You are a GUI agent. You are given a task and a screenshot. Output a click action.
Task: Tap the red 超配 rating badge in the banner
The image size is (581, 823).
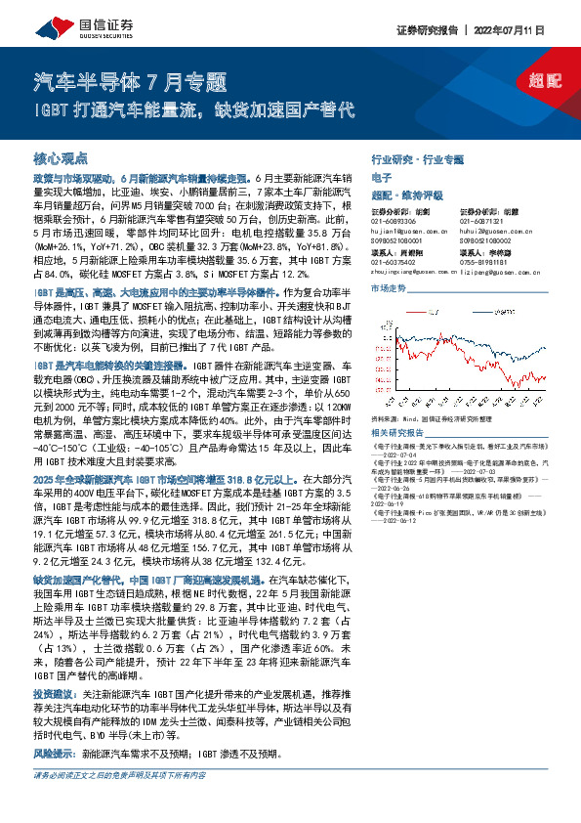pos(534,82)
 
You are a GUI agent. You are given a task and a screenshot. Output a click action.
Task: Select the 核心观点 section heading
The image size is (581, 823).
pos(61,157)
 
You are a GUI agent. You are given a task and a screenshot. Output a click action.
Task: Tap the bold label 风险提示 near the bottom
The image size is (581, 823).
pos(55,755)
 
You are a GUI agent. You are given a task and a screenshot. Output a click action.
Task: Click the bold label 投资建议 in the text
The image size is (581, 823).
pos(56,690)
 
